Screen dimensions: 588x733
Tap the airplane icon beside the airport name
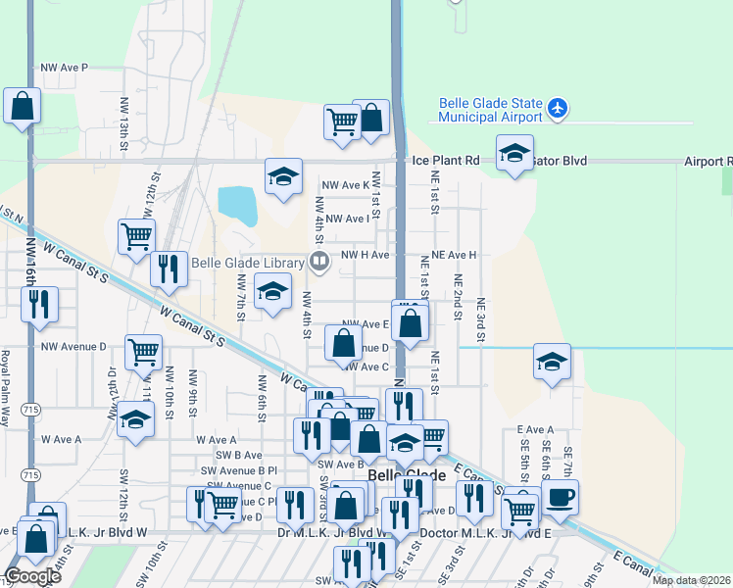pyautogui.click(x=558, y=107)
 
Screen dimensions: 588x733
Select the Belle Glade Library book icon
pyautogui.click(x=318, y=261)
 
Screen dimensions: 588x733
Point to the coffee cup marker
pyautogui.click(x=560, y=497)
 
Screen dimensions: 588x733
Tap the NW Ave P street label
pyautogui.click(x=64, y=68)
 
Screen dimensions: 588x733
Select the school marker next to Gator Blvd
pyautogui.click(x=514, y=153)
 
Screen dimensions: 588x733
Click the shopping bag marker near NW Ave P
pyautogui.click(x=22, y=106)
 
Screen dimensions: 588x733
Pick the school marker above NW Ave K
pyautogui.click(x=283, y=177)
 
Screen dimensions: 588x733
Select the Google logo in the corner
pyautogui.click(x=31, y=576)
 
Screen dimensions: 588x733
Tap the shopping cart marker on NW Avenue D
pyautogui.click(x=143, y=352)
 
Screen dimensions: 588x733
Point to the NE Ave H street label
pyautogui.click(x=450, y=255)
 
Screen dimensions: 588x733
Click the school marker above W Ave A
pyautogui.click(x=135, y=420)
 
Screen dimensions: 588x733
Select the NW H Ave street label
pyautogui.click(x=365, y=255)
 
